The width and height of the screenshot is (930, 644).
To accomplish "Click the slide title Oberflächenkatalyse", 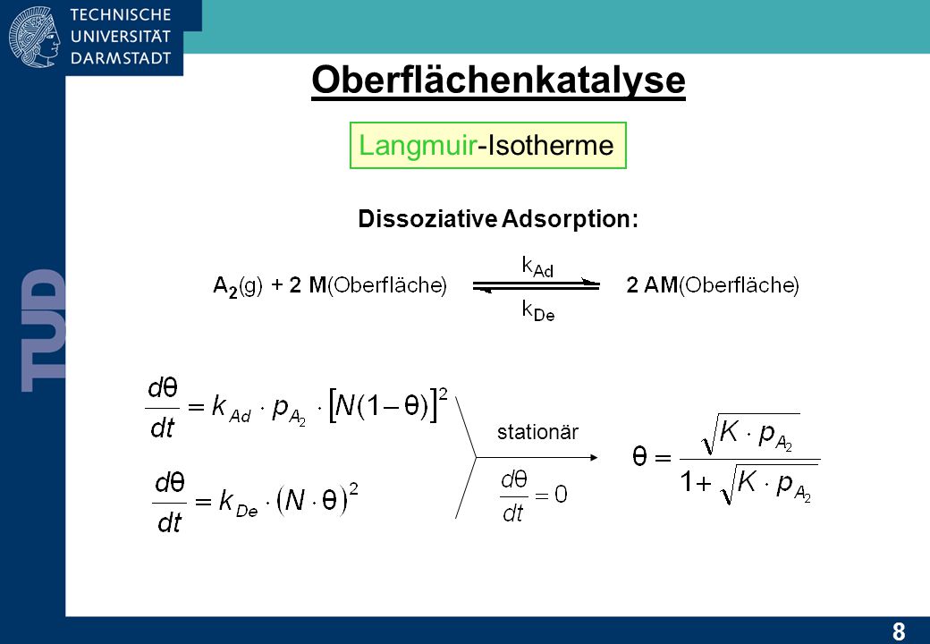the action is [x=498, y=80].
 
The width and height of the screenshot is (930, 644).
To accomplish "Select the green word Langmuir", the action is [x=418, y=146].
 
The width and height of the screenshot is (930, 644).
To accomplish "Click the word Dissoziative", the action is [x=427, y=219].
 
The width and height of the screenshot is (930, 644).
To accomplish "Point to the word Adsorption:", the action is [x=570, y=219].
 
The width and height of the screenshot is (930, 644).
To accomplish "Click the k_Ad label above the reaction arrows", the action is [x=537, y=267].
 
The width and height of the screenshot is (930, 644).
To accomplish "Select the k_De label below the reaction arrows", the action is [x=538, y=310].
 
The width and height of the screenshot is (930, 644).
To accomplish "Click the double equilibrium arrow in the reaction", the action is [x=537, y=286].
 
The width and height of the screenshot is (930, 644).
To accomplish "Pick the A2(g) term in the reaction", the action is [x=237, y=286].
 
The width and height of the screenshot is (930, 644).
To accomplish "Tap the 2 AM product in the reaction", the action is [x=653, y=285].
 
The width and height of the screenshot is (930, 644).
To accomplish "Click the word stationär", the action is [x=537, y=432].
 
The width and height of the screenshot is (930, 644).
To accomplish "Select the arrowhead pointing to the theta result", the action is [x=593, y=457].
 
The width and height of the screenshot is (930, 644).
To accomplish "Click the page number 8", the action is [x=899, y=631].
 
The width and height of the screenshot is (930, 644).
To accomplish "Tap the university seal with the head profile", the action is [x=34, y=37].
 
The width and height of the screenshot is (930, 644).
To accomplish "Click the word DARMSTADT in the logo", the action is [x=121, y=58].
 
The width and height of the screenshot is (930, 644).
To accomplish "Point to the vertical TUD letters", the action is [x=43, y=330].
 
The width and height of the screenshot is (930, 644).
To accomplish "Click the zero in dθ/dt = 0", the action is [x=561, y=494].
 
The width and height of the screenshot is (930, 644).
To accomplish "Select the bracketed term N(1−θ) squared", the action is [x=388, y=405].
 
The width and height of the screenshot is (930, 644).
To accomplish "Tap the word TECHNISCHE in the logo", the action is [x=121, y=15].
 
